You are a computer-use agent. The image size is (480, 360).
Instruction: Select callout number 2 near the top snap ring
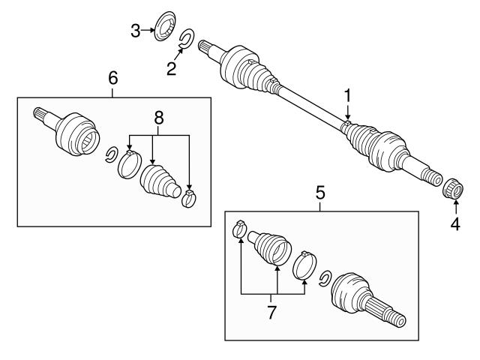click(x=172, y=69)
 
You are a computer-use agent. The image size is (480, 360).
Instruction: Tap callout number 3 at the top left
click(x=135, y=31)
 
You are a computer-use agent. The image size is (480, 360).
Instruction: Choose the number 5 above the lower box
click(x=320, y=192)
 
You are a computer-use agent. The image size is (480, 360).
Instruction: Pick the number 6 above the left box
click(x=113, y=77)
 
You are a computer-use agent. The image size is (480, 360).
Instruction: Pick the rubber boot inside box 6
click(x=159, y=183)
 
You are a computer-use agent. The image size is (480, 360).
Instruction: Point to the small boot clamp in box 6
click(x=189, y=198)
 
